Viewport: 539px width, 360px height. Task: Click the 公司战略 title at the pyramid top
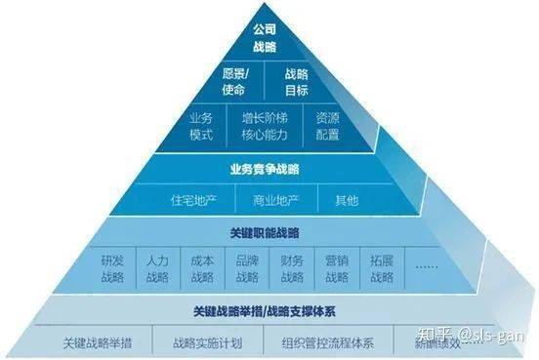point(265,38)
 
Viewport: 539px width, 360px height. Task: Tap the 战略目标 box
point(296,82)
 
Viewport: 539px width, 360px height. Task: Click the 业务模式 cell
point(201,126)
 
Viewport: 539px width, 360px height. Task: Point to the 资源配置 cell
point(328,126)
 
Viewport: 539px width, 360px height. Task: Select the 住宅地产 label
point(193,201)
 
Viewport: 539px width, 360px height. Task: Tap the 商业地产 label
point(275,201)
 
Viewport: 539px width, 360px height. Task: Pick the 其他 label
point(346,201)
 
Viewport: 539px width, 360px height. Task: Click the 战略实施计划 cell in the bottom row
point(206,342)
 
